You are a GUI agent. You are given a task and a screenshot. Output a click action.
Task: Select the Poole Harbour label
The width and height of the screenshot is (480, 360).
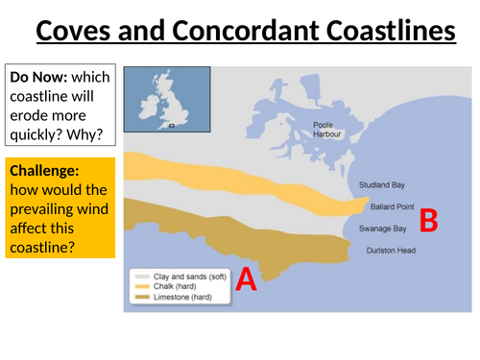click(327, 130)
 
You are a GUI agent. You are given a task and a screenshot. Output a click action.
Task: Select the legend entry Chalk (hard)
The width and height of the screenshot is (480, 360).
click(178, 285)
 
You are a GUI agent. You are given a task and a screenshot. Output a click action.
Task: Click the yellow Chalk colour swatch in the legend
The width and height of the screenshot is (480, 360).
click(142, 285)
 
